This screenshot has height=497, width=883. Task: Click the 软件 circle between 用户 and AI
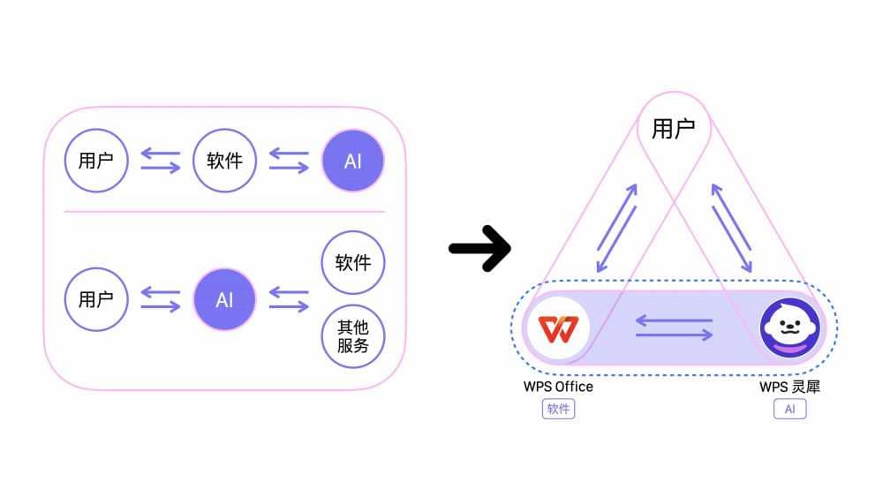[x=224, y=161]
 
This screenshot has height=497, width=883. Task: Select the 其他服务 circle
[x=353, y=336]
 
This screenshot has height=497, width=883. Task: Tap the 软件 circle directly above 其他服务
[x=353, y=262]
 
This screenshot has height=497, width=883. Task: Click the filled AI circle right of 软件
[x=353, y=161]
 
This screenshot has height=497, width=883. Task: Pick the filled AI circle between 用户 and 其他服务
[x=224, y=299]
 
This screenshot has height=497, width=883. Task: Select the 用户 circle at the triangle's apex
[x=674, y=129]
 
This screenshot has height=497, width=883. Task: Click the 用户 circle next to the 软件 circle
[x=96, y=161]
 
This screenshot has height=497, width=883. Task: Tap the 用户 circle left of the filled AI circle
[x=96, y=299]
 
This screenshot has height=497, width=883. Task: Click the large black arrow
[x=479, y=248]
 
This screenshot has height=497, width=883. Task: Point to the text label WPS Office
[x=558, y=387]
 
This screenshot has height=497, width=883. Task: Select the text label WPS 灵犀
[x=789, y=387]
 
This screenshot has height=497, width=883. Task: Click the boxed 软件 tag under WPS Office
[x=558, y=409]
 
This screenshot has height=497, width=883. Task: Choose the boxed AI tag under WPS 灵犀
[x=789, y=409]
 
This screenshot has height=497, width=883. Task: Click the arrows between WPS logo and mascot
[x=674, y=328]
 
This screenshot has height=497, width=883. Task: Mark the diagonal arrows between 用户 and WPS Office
[x=616, y=228]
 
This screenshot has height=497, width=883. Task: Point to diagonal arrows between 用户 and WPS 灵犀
[x=732, y=228]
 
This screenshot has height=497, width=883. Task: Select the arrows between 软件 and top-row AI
[x=289, y=161]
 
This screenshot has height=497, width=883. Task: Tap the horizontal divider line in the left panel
[x=224, y=212]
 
